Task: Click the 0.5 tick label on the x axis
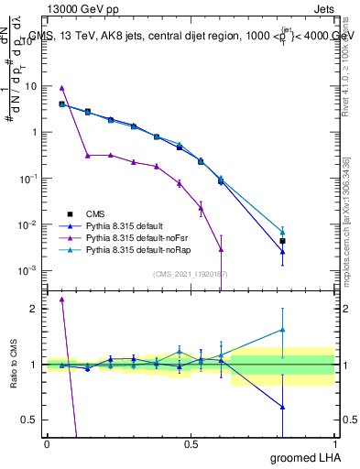pos(191,444)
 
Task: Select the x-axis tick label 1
pos(334,444)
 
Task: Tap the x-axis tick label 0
pos(47,444)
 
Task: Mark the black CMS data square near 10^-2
pos(283,241)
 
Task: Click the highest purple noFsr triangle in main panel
pos(61,88)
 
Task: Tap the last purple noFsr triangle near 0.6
pos(221,249)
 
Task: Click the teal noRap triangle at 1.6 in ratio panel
pos(283,330)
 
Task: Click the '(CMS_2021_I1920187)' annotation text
pos(191,273)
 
